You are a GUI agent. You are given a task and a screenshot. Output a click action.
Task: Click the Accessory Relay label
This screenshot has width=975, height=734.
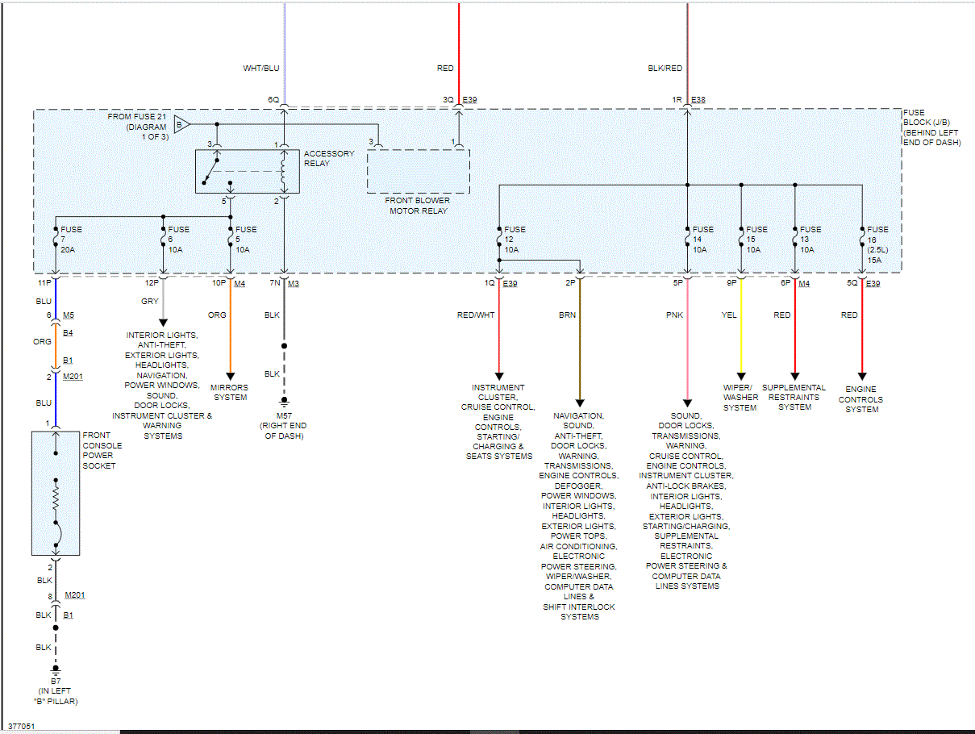[x=328, y=158]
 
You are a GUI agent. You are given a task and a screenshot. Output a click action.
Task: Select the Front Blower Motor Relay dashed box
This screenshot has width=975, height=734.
[x=418, y=171]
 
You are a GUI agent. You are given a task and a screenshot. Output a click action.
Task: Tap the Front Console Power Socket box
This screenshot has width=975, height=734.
[x=56, y=493]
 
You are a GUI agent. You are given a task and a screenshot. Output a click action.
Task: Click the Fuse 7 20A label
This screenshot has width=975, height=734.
[x=71, y=240]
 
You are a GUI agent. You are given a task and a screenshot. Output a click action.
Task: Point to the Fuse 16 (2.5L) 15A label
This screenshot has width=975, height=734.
[x=877, y=240]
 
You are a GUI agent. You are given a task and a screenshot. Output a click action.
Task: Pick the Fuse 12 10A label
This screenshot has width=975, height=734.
[x=515, y=240]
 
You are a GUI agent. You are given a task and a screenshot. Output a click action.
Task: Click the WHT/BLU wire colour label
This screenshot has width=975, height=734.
[x=261, y=69]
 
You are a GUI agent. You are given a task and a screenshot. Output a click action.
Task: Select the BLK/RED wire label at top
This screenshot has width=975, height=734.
[x=665, y=69]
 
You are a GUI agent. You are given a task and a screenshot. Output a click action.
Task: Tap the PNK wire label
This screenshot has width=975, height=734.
[x=674, y=315]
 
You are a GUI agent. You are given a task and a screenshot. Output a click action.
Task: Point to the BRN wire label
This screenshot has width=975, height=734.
[x=567, y=315]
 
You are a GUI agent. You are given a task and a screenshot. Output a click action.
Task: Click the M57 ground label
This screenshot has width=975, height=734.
[x=283, y=425]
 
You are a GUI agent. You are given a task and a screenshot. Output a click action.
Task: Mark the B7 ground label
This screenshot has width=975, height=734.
[x=56, y=691]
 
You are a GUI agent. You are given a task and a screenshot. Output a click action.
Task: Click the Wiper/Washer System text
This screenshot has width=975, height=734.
[x=740, y=398]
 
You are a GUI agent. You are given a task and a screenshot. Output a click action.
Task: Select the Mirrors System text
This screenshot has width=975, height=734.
[x=230, y=392]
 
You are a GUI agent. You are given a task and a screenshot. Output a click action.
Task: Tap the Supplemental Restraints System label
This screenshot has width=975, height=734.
[x=794, y=397]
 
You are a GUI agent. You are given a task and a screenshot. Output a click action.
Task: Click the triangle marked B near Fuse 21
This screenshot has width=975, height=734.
[x=181, y=124]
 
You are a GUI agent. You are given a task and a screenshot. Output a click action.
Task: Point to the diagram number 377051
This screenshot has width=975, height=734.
[x=22, y=726]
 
